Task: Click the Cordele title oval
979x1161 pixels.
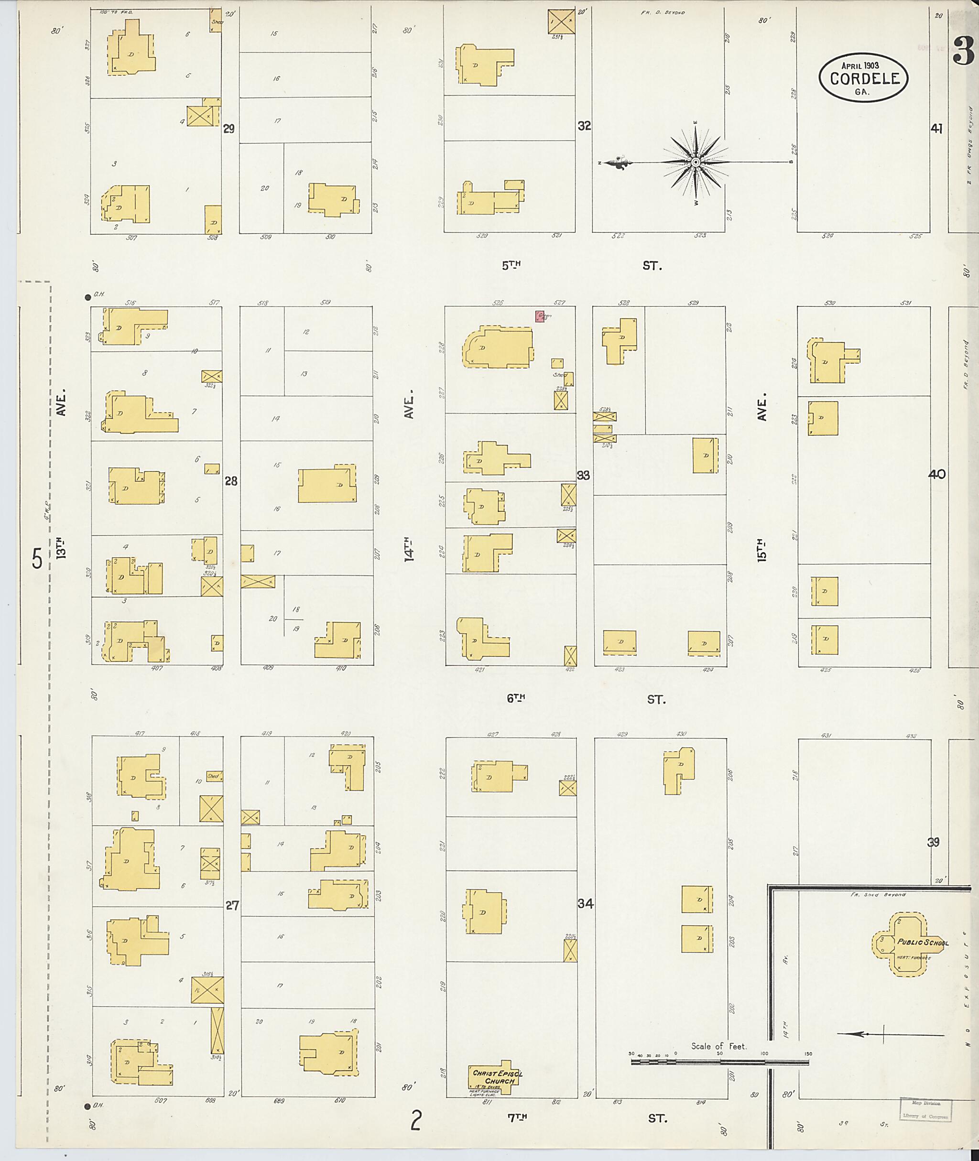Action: (x=864, y=78)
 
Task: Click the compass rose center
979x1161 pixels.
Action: (x=696, y=162)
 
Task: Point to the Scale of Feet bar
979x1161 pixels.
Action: (x=719, y=1061)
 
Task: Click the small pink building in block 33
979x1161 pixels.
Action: (x=539, y=316)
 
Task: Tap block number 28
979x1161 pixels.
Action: (x=231, y=481)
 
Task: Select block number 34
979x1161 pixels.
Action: (x=585, y=903)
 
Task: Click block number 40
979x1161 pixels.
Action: (x=936, y=475)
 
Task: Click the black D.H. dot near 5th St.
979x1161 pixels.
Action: (x=87, y=297)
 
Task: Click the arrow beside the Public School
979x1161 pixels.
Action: (x=890, y=1034)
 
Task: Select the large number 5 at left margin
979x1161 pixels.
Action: (x=37, y=558)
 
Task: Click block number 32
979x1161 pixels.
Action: (x=584, y=126)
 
